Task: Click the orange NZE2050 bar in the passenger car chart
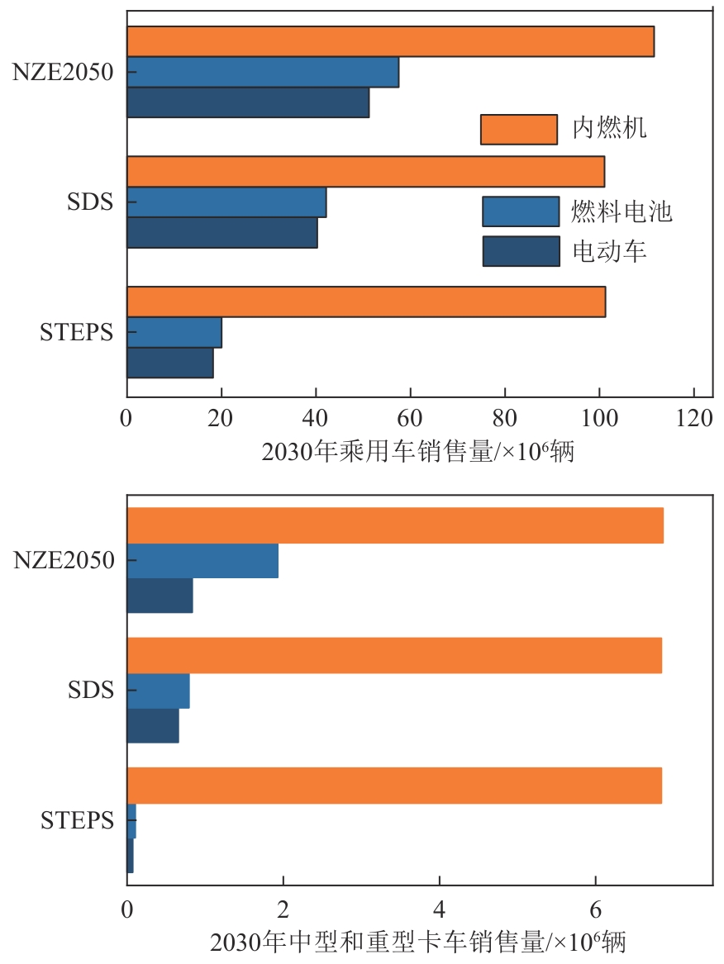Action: [390, 41]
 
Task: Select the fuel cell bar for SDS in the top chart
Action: [226, 202]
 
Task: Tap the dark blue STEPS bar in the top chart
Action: [170, 363]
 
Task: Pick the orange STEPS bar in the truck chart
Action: [394, 786]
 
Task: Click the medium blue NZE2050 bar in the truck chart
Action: [202, 561]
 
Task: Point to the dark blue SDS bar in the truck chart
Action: [153, 725]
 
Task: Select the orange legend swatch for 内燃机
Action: [518, 129]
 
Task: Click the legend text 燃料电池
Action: [622, 211]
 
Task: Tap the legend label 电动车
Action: [609, 251]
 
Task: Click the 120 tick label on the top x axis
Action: [694, 419]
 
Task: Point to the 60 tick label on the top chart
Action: [411, 419]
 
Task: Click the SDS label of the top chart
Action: [89, 202]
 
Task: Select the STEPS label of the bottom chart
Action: [77, 821]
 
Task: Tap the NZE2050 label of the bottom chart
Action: [63, 561]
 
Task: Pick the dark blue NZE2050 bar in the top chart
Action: [248, 102]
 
